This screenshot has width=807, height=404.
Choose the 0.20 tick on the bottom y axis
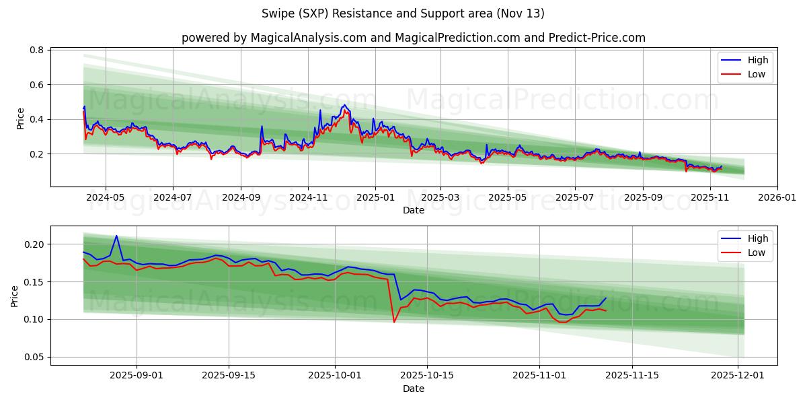(x=34, y=244)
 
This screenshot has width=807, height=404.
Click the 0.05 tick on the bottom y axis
(x=34, y=357)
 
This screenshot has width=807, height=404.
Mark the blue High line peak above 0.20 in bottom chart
(x=116, y=236)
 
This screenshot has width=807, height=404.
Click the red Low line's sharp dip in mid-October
(x=394, y=322)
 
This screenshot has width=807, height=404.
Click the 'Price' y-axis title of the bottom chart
(x=15, y=296)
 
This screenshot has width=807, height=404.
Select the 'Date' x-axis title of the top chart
(x=413, y=211)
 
